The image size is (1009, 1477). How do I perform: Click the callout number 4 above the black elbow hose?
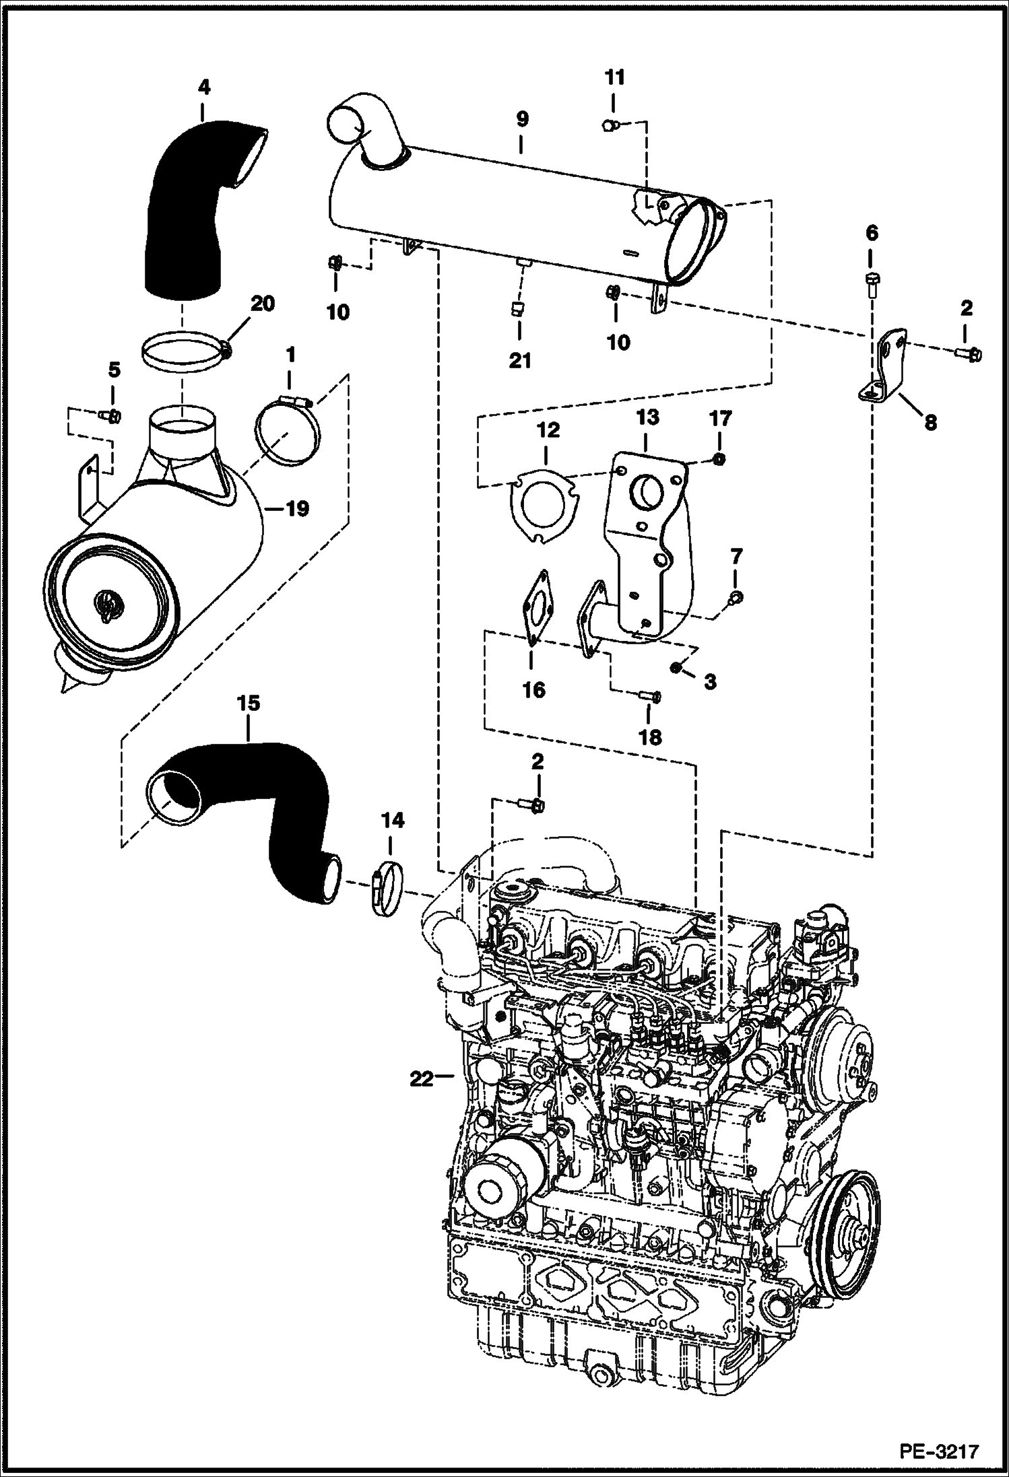(x=204, y=88)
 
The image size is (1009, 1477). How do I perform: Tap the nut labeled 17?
(x=719, y=459)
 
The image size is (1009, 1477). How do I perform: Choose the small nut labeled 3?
(x=676, y=667)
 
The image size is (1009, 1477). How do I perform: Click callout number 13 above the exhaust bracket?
(x=647, y=418)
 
